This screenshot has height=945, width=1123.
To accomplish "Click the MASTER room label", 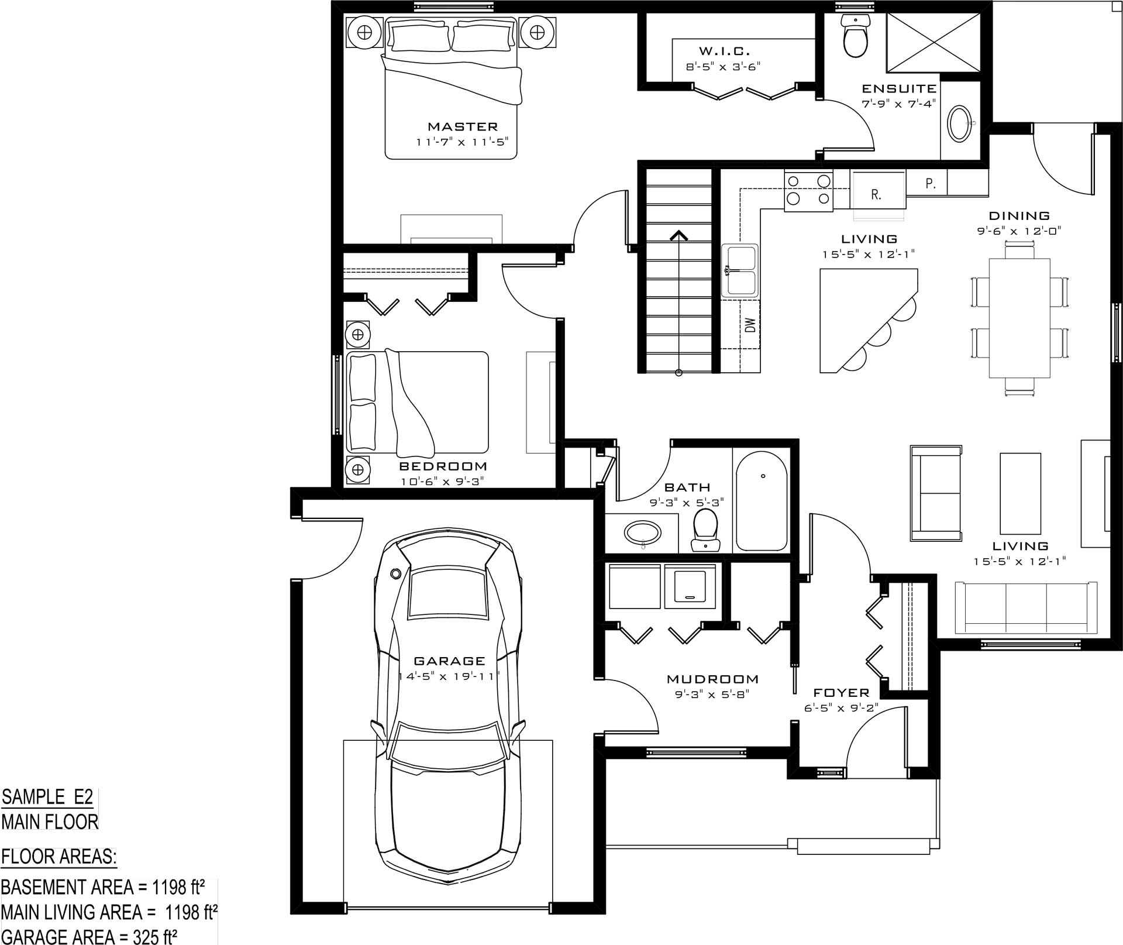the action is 463,126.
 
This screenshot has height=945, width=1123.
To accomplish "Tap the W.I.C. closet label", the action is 724,51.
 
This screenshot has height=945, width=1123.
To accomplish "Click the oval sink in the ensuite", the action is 959,123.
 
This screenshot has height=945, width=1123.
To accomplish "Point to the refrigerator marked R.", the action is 877,190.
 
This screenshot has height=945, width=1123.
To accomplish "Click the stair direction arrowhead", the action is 678,235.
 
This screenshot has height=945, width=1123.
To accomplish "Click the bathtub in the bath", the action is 761,501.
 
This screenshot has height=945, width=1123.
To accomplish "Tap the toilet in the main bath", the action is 705,530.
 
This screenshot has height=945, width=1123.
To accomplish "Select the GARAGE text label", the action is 449,661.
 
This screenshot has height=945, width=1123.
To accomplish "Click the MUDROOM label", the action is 712,679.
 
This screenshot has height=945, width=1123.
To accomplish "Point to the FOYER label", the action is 841,693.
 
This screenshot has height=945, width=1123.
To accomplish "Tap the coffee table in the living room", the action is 1020,493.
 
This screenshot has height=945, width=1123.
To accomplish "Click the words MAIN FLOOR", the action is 50,822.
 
